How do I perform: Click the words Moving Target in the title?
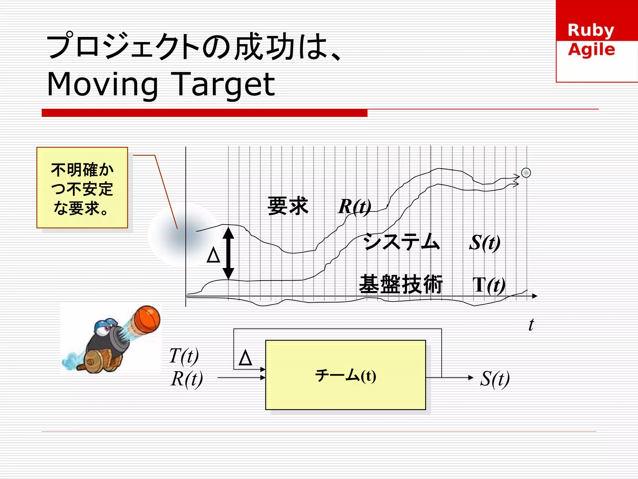(161, 84)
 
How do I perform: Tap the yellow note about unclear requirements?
(82, 188)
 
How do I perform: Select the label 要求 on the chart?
(288, 206)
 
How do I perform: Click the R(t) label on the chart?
(355, 206)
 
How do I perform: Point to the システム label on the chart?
(402, 242)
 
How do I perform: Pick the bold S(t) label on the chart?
(485, 243)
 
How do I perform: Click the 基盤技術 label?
(401, 284)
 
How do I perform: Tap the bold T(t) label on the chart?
(488, 285)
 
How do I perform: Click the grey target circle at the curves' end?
(526, 173)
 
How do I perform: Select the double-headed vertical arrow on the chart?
(228, 253)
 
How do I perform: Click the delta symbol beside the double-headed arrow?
(213, 255)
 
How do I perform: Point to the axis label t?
(531, 325)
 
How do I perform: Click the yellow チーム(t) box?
(345, 375)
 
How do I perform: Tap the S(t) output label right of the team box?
(495, 379)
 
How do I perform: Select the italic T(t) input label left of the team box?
(184, 356)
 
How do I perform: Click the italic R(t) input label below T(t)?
(187, 379)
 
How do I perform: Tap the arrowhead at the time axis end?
(535, 296)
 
